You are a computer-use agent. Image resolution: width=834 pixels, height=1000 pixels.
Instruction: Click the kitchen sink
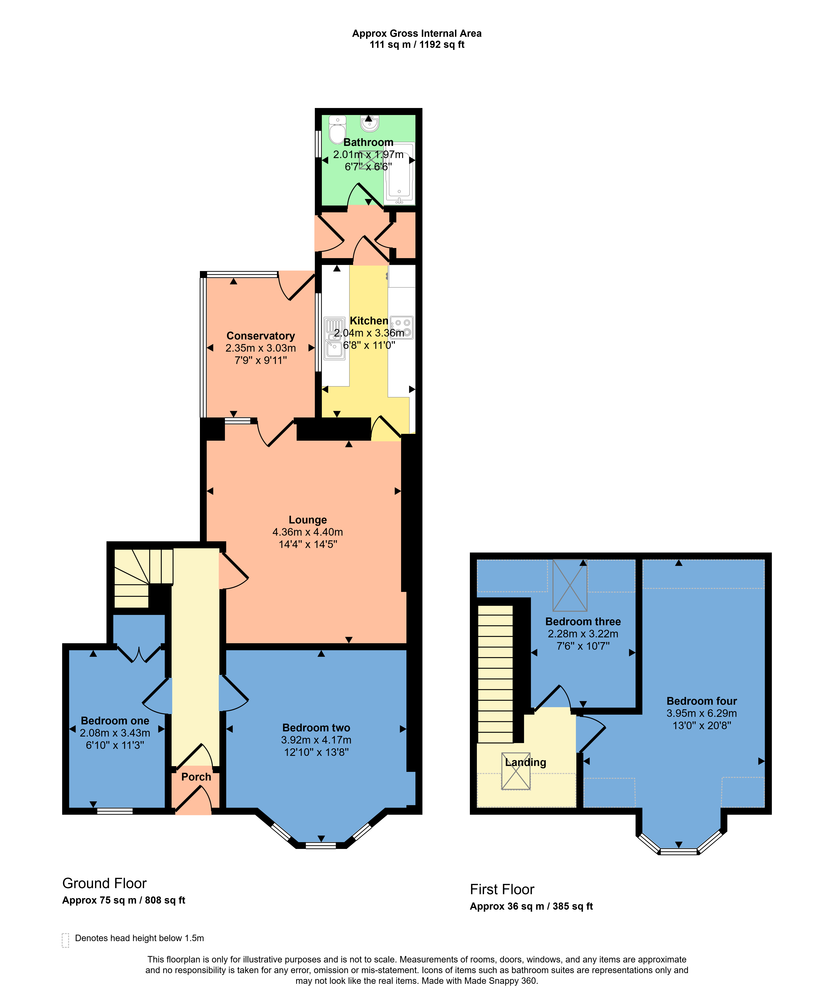coord(335,338)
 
